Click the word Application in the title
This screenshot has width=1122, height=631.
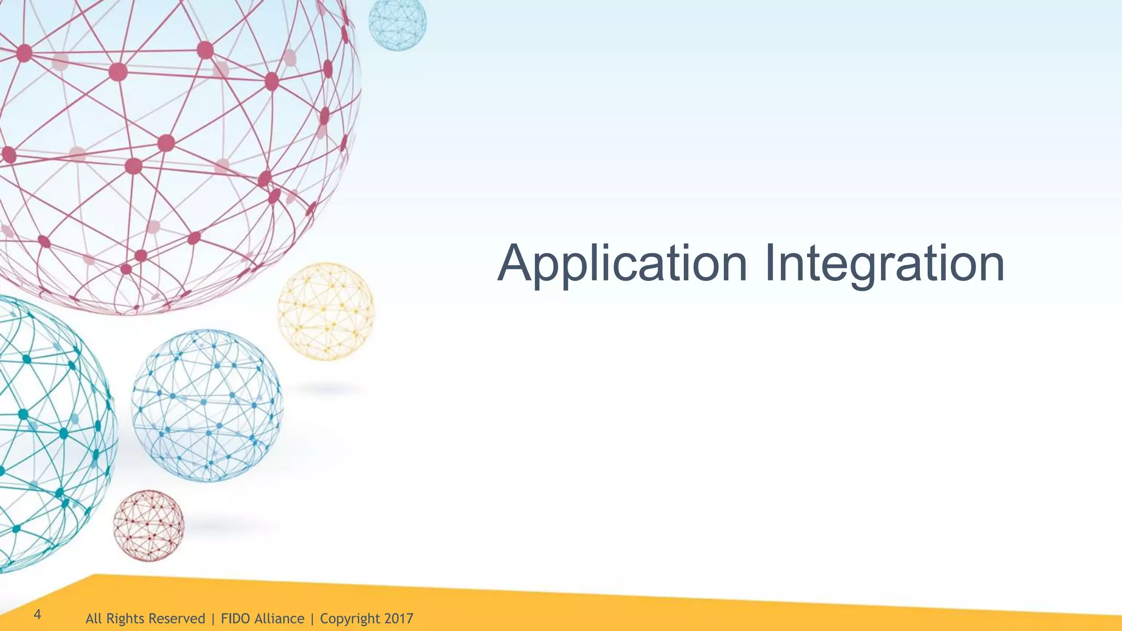coord(622,265)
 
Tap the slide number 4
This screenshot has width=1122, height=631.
coord(37,614)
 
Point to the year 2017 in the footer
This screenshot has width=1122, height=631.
coord(398,619)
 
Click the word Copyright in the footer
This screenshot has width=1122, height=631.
coord(350,619)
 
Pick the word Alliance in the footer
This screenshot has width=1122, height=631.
coord(279,619)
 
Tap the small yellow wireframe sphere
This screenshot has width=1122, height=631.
coord(326,311)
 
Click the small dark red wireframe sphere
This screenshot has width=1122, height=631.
coord(148,526)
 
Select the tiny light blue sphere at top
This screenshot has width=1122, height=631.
coord(397,23)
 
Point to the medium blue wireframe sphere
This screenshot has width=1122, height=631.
coord(207,405)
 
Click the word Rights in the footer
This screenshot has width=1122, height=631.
coord(124,619)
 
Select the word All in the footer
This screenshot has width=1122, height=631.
coord(94,619)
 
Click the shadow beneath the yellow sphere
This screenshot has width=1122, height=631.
coord(329,389)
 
